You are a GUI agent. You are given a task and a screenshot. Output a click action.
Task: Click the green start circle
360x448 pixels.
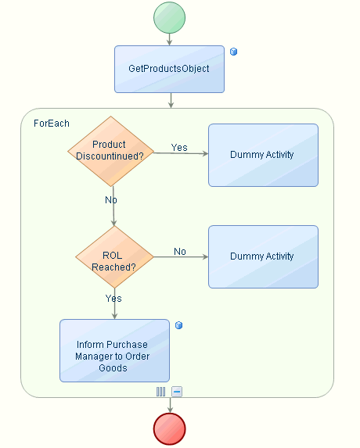169,18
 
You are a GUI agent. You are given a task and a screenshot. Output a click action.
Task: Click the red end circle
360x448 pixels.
170,429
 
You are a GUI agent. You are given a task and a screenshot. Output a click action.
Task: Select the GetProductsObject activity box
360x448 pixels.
169,69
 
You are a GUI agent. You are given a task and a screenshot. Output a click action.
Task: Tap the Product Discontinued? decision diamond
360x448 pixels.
110,151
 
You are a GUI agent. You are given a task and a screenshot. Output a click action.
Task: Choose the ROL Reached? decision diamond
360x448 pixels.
115,257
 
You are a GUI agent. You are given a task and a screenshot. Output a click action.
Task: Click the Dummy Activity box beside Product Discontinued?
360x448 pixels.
263,155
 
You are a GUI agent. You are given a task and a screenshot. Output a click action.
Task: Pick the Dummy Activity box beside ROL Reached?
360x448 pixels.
263,256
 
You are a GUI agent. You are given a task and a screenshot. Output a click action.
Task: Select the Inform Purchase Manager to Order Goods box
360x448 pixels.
114,350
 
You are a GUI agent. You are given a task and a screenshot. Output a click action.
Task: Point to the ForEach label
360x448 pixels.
52,124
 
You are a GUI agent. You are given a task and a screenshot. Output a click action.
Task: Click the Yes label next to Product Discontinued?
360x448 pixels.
179,148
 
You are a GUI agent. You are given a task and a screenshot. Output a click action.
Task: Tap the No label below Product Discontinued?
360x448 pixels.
111,199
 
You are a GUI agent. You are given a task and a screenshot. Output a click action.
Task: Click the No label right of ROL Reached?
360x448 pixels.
180,252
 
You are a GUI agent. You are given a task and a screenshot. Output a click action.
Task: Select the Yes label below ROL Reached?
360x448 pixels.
113,299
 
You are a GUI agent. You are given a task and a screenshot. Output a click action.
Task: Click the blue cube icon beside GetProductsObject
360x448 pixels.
234,52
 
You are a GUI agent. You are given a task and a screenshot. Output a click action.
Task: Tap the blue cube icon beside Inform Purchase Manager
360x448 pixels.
178,325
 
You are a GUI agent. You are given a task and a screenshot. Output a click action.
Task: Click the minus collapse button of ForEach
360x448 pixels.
177,392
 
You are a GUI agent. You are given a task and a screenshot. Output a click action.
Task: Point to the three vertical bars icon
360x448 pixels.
160,392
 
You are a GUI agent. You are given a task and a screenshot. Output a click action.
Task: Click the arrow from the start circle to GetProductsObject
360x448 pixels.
169,39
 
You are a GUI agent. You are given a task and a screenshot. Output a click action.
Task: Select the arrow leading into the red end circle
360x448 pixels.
170,405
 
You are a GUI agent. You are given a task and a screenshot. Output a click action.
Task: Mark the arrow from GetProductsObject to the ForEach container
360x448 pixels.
171,100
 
